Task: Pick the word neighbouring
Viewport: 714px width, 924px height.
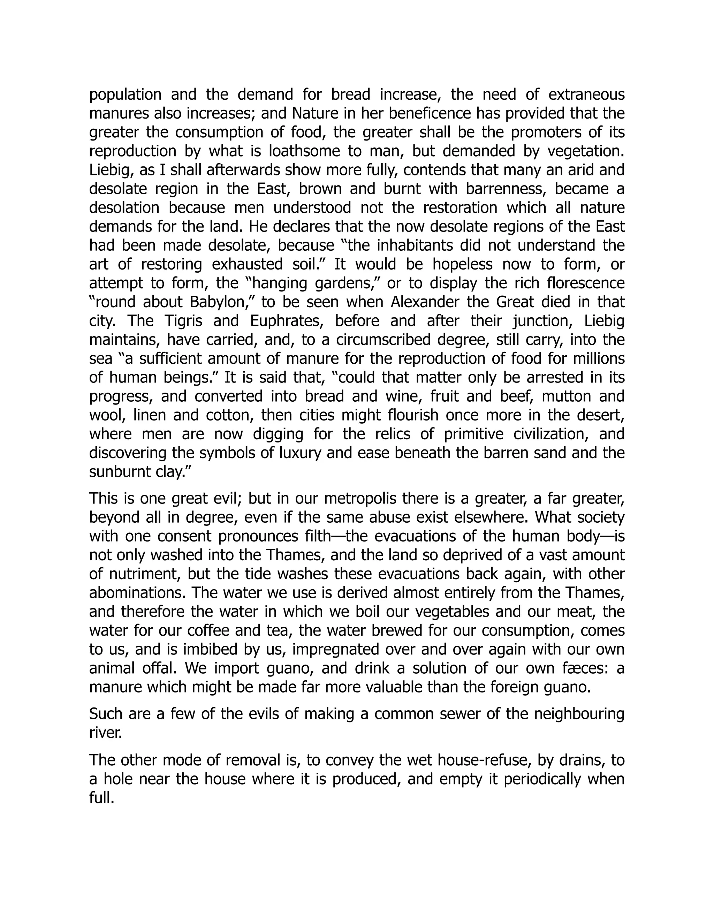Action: [579, 714]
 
